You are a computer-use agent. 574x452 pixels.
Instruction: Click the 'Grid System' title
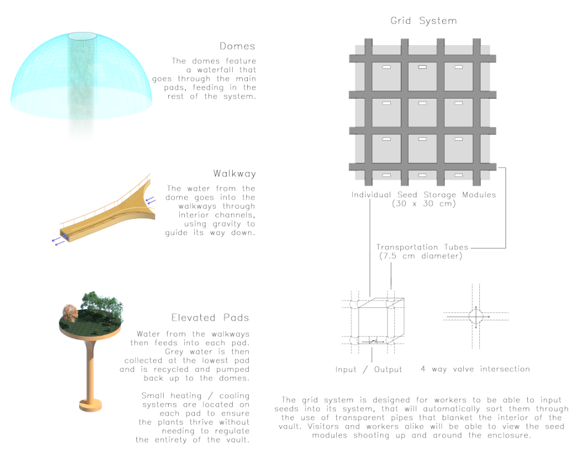(423, 21)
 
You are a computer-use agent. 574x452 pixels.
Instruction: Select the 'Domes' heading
(238, 46)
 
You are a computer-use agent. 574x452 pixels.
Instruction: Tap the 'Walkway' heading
(234, 174)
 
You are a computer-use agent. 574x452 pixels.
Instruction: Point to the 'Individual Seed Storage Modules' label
(423, 195)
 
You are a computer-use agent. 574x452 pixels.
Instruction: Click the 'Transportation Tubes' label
(423, 247)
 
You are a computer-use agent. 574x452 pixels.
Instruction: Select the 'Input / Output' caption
(369, 370)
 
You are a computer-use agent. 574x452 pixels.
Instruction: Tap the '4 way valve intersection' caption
(475, 369)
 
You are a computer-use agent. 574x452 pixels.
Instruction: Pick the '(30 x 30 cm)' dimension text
(423, 204)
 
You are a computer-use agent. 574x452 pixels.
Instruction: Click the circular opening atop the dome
(82, 37)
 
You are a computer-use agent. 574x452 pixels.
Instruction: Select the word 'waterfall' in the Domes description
(233, 70)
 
